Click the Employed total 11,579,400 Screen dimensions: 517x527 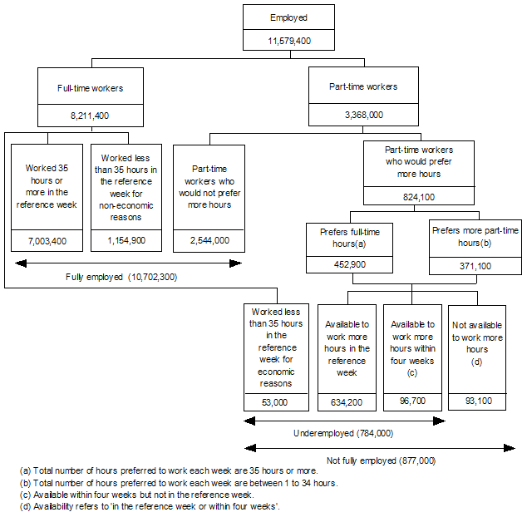tap(288, 40)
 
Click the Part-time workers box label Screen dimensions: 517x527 tap(364, 86)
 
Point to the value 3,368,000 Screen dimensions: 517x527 tap(364, 116)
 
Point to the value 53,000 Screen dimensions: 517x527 tap(273, 402)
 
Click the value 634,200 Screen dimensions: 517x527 tap(347, 402)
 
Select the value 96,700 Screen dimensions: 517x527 tap(412, 401)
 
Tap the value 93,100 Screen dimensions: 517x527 tap(478, 401)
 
